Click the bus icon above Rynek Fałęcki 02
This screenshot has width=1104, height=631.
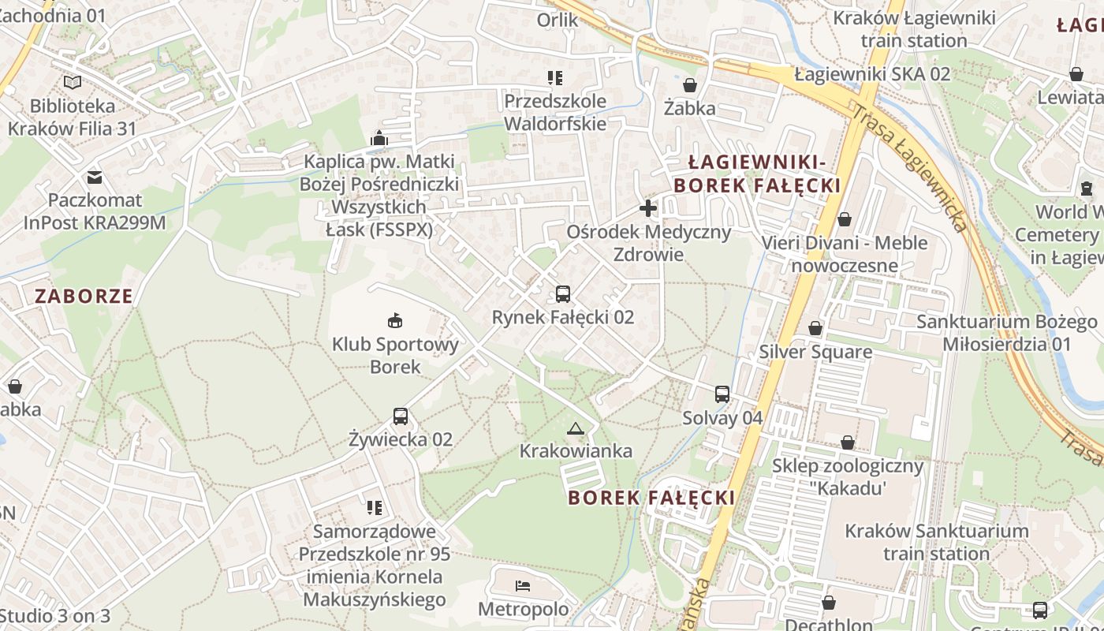tap(562, 294)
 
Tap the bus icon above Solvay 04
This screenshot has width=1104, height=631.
tap(722, 394)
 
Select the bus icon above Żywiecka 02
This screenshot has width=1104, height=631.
tap(401, 416)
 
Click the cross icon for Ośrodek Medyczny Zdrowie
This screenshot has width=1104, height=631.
tap(648, 209)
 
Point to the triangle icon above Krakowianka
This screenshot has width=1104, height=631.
tap(576, 428)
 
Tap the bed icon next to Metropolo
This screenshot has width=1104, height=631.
tap(523, 586)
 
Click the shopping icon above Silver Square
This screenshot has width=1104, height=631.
tap(815, 328)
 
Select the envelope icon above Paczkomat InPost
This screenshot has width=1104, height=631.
tap(95, 177)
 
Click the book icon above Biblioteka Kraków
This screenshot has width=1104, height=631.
tap(73, 82)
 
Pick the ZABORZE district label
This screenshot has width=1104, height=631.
tap(84, 297)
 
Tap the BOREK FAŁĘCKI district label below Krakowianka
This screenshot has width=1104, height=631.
tap(651, 498)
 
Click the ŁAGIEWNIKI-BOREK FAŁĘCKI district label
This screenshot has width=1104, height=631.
tap(757, 174)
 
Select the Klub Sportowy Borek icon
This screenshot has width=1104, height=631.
tap(395, 320)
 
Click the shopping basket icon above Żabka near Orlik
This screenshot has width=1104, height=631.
tap(690, 85)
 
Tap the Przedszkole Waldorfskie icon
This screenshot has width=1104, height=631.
tap(555, 77)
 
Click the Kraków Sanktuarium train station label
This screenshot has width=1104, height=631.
tap(937, 542)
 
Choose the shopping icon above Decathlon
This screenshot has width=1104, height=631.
tap(829, 603)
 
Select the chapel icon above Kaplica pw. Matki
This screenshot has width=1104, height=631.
tap(379, 139)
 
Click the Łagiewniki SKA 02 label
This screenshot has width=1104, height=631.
tap(872, 74)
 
